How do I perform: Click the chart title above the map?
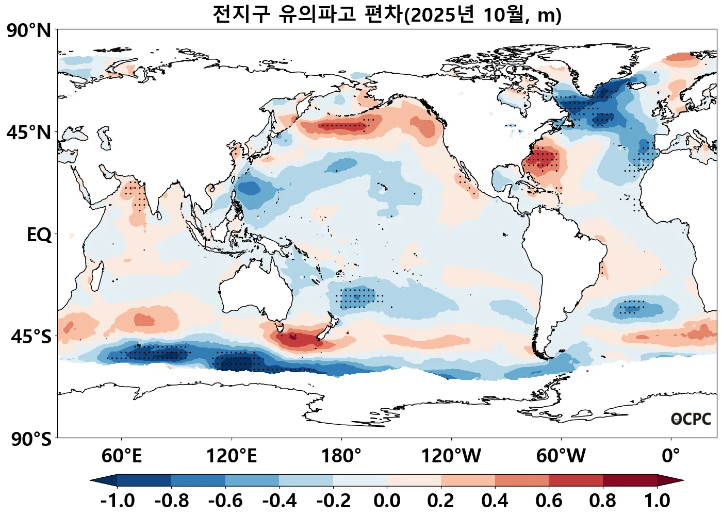[x=387, y=14]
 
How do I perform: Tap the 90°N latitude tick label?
[x=29, y=31]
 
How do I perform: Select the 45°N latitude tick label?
[x=29, y=132]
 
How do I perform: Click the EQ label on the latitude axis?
[x=39, y=235]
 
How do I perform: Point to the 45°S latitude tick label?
[x=31, y=337]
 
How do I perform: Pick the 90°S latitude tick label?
[x=31, y=439]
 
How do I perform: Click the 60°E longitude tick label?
[x=121, y=456]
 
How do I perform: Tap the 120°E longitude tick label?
[x=231, y=456]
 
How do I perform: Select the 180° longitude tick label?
[x=341, y=456]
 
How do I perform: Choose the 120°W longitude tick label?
[x=451, y=456]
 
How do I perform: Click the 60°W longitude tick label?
[x=561, y=456]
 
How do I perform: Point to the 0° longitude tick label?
[x=670, y=456]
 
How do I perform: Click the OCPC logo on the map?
[x=691, y=419]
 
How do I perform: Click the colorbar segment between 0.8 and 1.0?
[x=630, y=480]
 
